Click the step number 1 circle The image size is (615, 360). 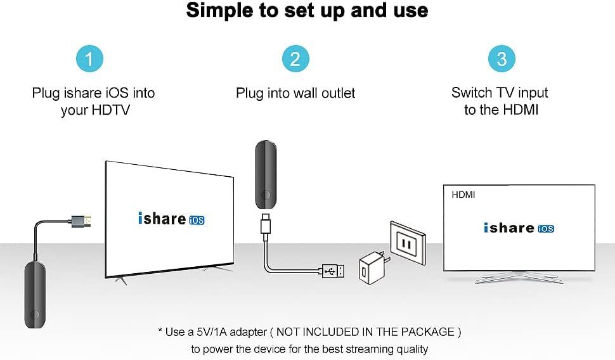[90, 60]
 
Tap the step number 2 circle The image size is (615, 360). [295, 60]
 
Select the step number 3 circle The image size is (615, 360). [502, 60]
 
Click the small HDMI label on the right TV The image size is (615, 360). [463, 195]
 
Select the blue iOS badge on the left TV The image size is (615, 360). [197, 221]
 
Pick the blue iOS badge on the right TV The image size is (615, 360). [546, 228]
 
